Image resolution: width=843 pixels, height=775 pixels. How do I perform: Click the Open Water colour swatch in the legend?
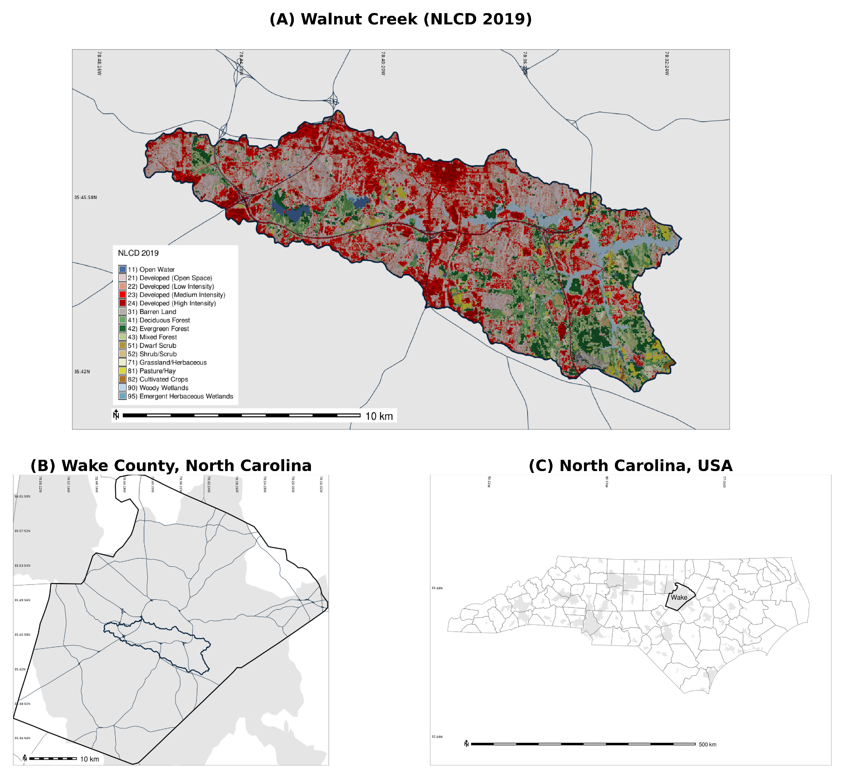[123, 269]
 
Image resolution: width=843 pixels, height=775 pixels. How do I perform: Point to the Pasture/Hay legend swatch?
[123, 371]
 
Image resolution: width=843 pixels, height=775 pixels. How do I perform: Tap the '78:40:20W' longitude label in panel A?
[383, 63]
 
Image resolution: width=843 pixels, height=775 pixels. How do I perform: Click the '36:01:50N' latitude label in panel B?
[22, 497]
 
